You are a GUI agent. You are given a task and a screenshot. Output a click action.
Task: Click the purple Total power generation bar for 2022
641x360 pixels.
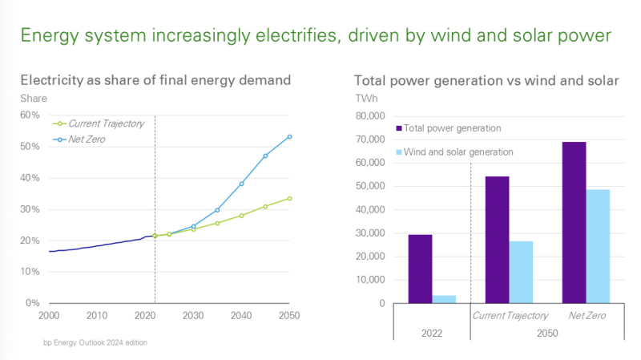pos(420,269)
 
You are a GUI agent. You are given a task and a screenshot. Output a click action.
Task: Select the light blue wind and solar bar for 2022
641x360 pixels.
pos(444,299)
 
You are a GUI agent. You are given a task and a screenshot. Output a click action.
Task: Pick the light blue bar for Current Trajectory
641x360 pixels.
pos(521,273)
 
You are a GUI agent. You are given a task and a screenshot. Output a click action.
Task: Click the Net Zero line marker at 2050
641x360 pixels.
pos(289,136)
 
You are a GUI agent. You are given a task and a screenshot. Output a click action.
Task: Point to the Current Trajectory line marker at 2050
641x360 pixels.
pos(289,198)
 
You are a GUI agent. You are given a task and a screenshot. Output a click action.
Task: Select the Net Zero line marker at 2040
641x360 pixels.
pos(241,184)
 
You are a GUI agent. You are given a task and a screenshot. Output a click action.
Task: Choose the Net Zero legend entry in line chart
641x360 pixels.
pos(87,139)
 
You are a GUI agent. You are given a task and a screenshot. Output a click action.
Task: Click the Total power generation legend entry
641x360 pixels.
pos(453,128)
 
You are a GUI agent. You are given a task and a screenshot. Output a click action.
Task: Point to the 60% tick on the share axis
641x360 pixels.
pos(30,115)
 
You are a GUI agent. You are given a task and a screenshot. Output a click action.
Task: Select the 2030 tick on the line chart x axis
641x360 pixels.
pos(193,315)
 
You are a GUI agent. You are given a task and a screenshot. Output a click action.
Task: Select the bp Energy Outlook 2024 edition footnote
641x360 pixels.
pos(95,342)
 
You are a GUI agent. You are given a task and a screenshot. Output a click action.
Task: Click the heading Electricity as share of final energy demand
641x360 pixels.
pos(155,80)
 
